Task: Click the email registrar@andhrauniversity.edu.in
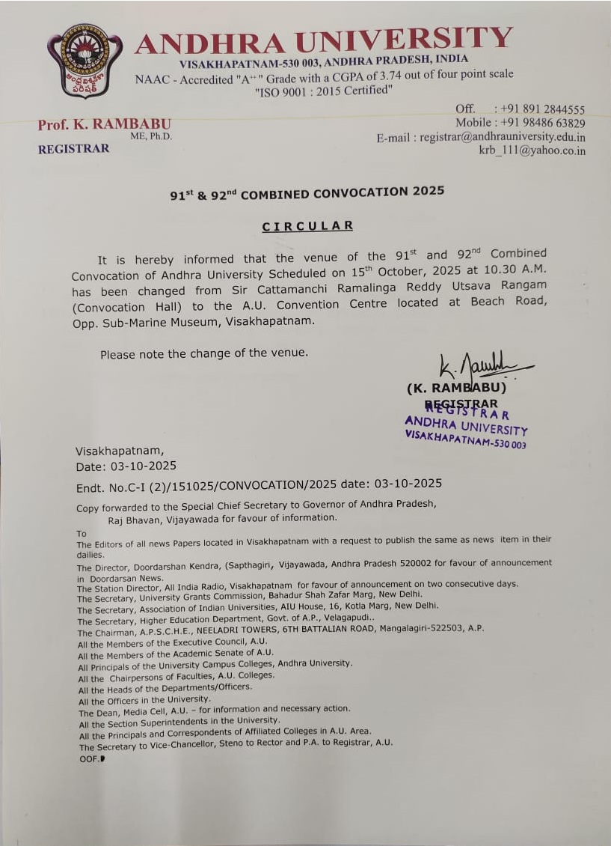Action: point(503,137)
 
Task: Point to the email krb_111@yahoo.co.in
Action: point(532,150)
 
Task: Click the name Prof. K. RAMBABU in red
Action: point(104,124)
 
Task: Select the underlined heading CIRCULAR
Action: point(307,225)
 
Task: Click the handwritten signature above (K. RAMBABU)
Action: point(479,367)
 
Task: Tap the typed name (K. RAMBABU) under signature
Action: point(456,389)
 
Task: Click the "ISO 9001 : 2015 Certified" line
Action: point(323,91)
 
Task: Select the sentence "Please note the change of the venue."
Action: point(204,353)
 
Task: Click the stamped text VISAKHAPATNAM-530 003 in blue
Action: point(465,439)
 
